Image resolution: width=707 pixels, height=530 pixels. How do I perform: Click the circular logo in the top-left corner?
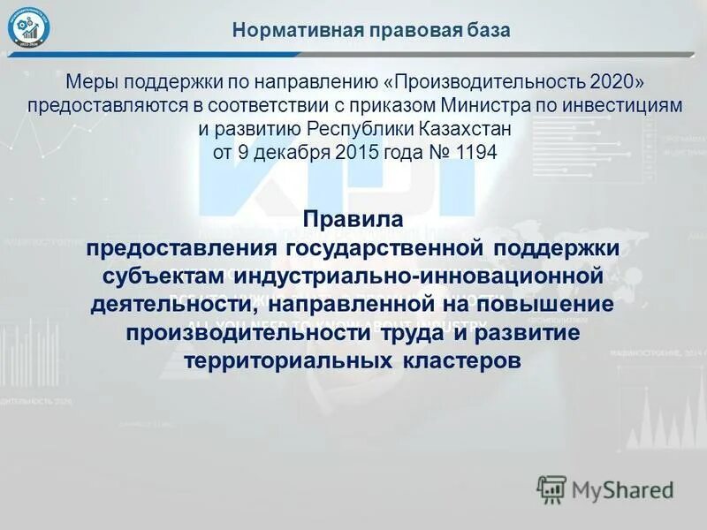(29, 29)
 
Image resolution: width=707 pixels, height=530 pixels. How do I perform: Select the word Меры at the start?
(92, 82)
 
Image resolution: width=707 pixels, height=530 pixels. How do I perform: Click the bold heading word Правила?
(353, 217)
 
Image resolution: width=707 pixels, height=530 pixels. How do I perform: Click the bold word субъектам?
(165, 276)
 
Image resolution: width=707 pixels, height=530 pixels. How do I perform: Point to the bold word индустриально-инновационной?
(419, 276)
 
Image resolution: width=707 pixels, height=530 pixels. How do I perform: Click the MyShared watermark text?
(621, 488)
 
